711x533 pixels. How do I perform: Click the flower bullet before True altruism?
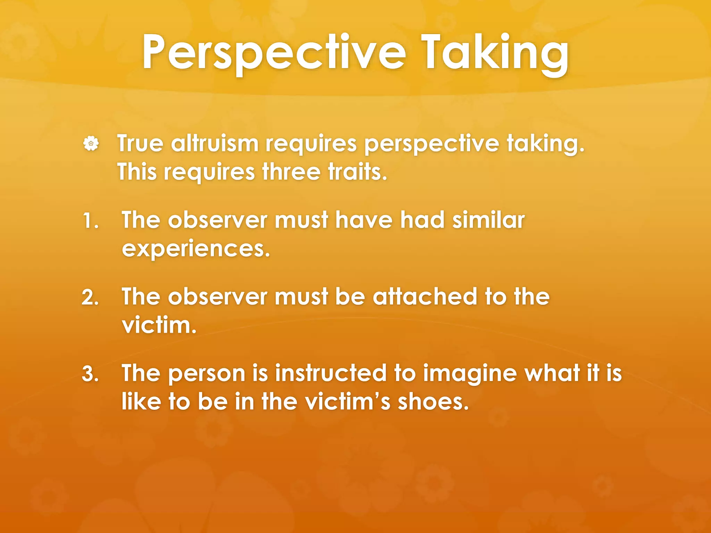tap(91, 143)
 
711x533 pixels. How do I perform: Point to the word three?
tap(291, 172)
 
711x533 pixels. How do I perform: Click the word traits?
tap(358, 172)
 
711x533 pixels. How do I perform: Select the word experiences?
tap(196, 249)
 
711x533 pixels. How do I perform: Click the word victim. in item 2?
tap(159, 325)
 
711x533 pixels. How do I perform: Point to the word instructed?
tap(331, 374)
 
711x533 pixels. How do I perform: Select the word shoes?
tap(433, 402)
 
